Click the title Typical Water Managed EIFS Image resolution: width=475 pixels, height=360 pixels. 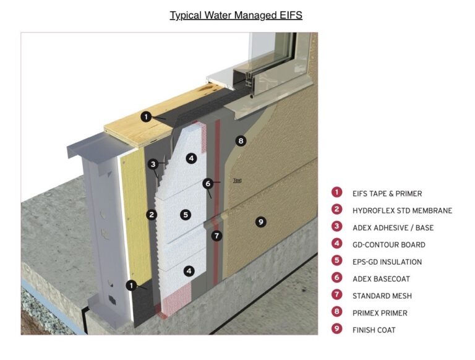pos(236,15)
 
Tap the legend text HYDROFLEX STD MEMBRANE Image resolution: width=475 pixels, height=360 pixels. pos(402,210)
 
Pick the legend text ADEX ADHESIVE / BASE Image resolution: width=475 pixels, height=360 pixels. pos(393,228)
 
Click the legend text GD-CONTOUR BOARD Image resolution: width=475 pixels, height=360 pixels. pos(388,244)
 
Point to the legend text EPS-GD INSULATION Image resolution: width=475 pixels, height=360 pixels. pos(387,262)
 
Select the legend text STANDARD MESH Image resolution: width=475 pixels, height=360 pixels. pos(382,296)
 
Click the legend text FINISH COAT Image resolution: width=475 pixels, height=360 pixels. pos(374,330)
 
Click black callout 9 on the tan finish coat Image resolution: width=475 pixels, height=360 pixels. pos(261,221)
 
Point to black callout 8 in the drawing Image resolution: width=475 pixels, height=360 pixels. pos(241,141)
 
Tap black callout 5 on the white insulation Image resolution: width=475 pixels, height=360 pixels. pos(186,215)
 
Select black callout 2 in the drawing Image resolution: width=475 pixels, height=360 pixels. pos(152,215)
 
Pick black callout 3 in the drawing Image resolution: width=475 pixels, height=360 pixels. pos(153,164)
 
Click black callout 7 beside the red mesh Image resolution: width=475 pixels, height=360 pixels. pos(216,235)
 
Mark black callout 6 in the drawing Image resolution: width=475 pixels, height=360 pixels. pos(208,183)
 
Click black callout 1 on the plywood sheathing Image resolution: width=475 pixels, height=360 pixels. pos(146,116)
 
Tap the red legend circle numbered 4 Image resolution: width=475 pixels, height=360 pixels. pos(337,244)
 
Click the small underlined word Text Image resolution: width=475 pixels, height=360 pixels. pos(237,181)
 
